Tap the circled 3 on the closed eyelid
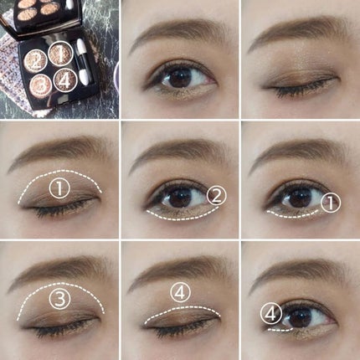point(58,299)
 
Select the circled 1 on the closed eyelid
point(58,188)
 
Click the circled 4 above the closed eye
point(181,292)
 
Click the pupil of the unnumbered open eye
point(177,79)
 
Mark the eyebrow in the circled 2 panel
point(178,152)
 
